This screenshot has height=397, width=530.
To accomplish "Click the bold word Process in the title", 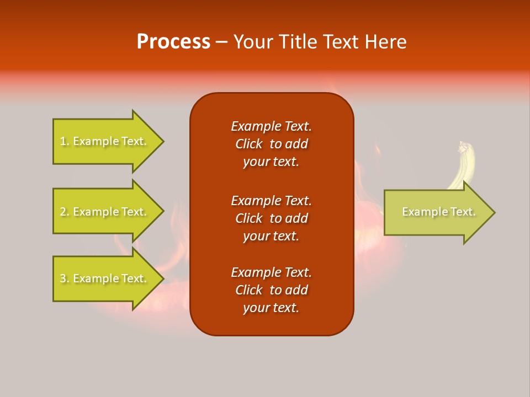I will pos(173,42).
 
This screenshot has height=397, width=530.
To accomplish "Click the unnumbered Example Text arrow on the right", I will pos(436,212).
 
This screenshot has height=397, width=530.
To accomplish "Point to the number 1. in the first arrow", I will pos(65,141).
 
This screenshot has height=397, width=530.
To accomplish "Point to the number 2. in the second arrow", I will pos(65,212).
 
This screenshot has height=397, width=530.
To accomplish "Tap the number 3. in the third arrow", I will pos(65,278).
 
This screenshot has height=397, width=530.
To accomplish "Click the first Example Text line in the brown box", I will pos(271,126).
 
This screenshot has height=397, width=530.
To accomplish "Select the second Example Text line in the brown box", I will pos(271,200).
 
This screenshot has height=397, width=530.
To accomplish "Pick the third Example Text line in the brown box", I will pos(271,272).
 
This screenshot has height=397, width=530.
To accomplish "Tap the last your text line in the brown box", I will pos(271,308).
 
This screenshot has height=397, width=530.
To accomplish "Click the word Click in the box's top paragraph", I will pos(248,144).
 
